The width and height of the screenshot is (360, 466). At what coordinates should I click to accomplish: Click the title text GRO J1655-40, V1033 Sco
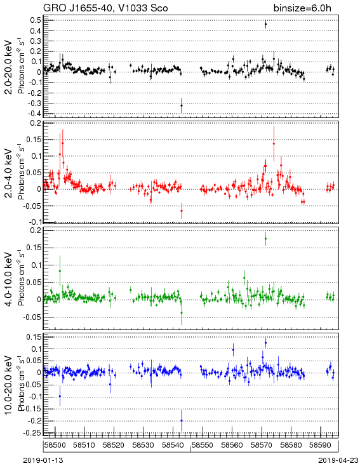point(105,8)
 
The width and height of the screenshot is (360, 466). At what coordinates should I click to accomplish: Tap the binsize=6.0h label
point(302,8)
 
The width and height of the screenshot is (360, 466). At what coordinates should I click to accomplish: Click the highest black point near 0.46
point(265,24)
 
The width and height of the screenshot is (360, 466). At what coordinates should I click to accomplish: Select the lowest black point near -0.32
point(182,105)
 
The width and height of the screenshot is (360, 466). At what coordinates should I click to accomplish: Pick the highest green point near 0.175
point(265,238)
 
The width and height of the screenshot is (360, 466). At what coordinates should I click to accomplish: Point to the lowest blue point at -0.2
point(182,420)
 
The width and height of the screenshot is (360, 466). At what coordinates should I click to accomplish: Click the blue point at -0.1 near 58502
point(60,396)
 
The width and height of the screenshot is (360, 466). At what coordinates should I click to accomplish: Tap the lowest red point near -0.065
point(182,211)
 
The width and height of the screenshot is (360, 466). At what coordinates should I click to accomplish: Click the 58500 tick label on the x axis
point(55,445)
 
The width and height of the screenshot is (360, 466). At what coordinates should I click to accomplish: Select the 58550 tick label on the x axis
point(203,445)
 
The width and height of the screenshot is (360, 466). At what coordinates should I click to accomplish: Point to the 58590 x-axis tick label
point(321,445)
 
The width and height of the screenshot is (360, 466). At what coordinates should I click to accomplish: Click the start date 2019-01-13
point(43,460)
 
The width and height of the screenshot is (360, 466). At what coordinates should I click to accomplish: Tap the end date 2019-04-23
point(338,460)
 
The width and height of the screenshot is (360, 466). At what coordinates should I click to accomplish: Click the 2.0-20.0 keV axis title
point(9,67)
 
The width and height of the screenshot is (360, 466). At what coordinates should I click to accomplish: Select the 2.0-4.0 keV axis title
point(9,173)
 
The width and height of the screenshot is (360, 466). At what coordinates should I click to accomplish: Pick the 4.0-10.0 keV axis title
point(9,279)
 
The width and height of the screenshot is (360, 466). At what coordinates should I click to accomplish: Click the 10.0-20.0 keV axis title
point(9,385)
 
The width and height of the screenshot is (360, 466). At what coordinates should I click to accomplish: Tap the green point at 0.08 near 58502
point(60,270)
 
